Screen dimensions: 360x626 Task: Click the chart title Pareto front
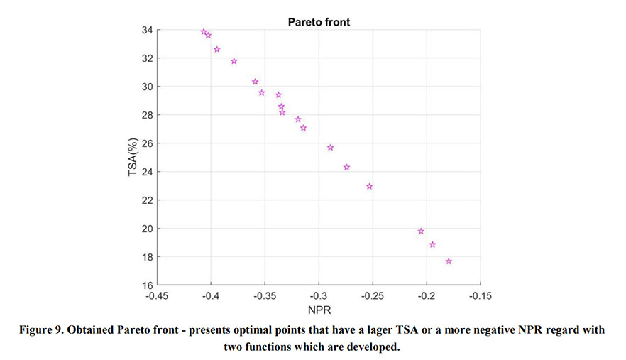[x=319, y=22]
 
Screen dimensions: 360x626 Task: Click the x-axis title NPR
[x=319, y=310]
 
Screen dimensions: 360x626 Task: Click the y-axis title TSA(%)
[x=133, y=157]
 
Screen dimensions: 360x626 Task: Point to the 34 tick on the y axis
[x=148, y=30]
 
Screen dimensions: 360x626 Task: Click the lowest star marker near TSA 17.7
[x=449, y=261]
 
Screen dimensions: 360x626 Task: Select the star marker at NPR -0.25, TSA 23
[x=369, y=186]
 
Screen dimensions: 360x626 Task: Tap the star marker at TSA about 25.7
[x=330, y=148]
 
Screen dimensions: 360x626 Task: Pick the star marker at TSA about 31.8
[x=234, y=61]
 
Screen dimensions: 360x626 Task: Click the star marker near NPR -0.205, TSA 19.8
[x=421, y=231]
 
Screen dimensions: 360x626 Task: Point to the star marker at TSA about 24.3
[x=346, y=168]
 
